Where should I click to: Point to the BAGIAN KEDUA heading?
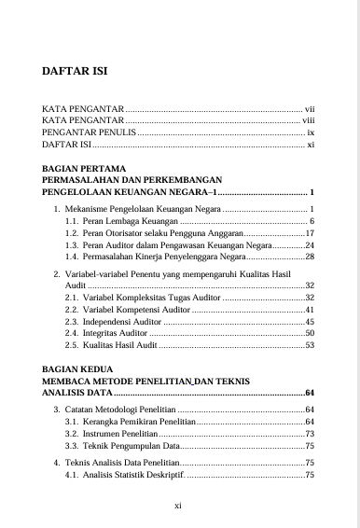coord(77,369)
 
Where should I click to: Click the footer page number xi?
coord(180,506)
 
